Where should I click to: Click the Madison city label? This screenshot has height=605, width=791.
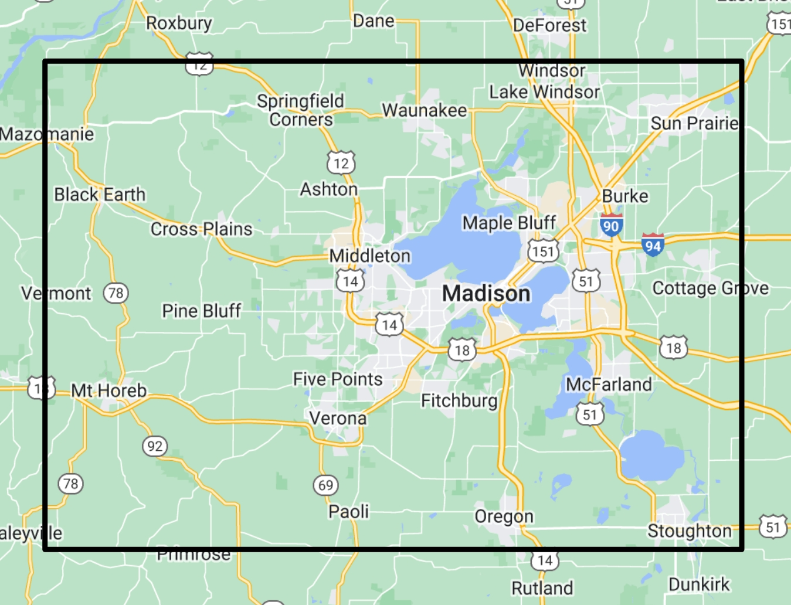tap(486, 293)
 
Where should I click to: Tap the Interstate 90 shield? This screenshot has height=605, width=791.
tap(611, 226)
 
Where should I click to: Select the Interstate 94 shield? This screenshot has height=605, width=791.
tap(653, 245)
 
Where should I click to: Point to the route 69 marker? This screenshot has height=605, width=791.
tap(326, 485)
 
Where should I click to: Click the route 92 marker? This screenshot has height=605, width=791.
tap(155, 446)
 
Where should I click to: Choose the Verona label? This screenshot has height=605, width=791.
tap(338, 418)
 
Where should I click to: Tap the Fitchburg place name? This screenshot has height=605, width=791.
tap(459, 400)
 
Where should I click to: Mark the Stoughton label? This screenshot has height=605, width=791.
tap(690, 531)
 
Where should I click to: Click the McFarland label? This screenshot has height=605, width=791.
tap(609, 384)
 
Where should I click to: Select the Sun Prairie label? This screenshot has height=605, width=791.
tap(694, 123)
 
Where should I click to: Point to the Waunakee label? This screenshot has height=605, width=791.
tap(425, 110)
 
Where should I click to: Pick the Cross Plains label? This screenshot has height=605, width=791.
tap(201, 229)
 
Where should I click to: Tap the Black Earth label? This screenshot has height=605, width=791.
tap(100, 194)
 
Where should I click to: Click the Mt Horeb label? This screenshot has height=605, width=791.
tap(109, 390)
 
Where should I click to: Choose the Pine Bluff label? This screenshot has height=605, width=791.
tap(201, 310)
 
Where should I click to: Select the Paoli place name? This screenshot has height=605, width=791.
tap(348, 511)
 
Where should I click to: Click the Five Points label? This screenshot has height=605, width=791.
tap(338, 379)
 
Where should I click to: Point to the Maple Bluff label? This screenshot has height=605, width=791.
tap(509, 222)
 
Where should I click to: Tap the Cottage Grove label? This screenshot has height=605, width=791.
tap(710, 288)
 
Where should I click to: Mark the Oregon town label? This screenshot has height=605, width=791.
tap(504, 516)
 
